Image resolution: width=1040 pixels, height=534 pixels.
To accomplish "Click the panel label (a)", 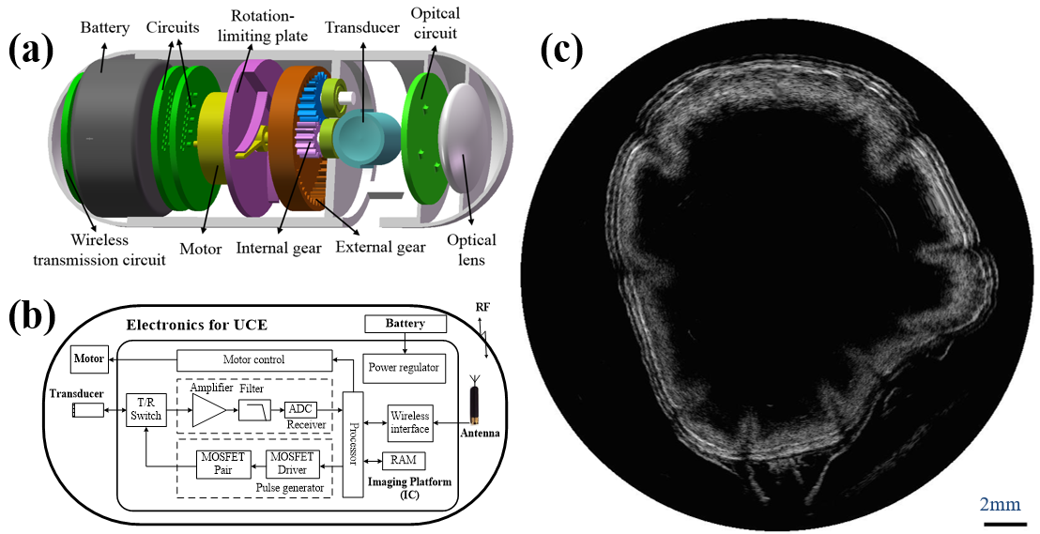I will click(33, 49).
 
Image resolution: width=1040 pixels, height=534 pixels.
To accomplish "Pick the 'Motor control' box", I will click(253, 359).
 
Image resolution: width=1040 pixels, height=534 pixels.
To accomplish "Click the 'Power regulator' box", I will click(403, 367).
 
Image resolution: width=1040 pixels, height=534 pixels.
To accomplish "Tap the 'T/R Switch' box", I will click(145, 410).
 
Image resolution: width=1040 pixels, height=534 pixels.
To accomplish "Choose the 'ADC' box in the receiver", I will click(300, 409).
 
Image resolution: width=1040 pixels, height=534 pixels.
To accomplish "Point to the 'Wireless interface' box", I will click(409, 422).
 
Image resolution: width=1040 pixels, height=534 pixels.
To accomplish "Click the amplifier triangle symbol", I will click(207, 410).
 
